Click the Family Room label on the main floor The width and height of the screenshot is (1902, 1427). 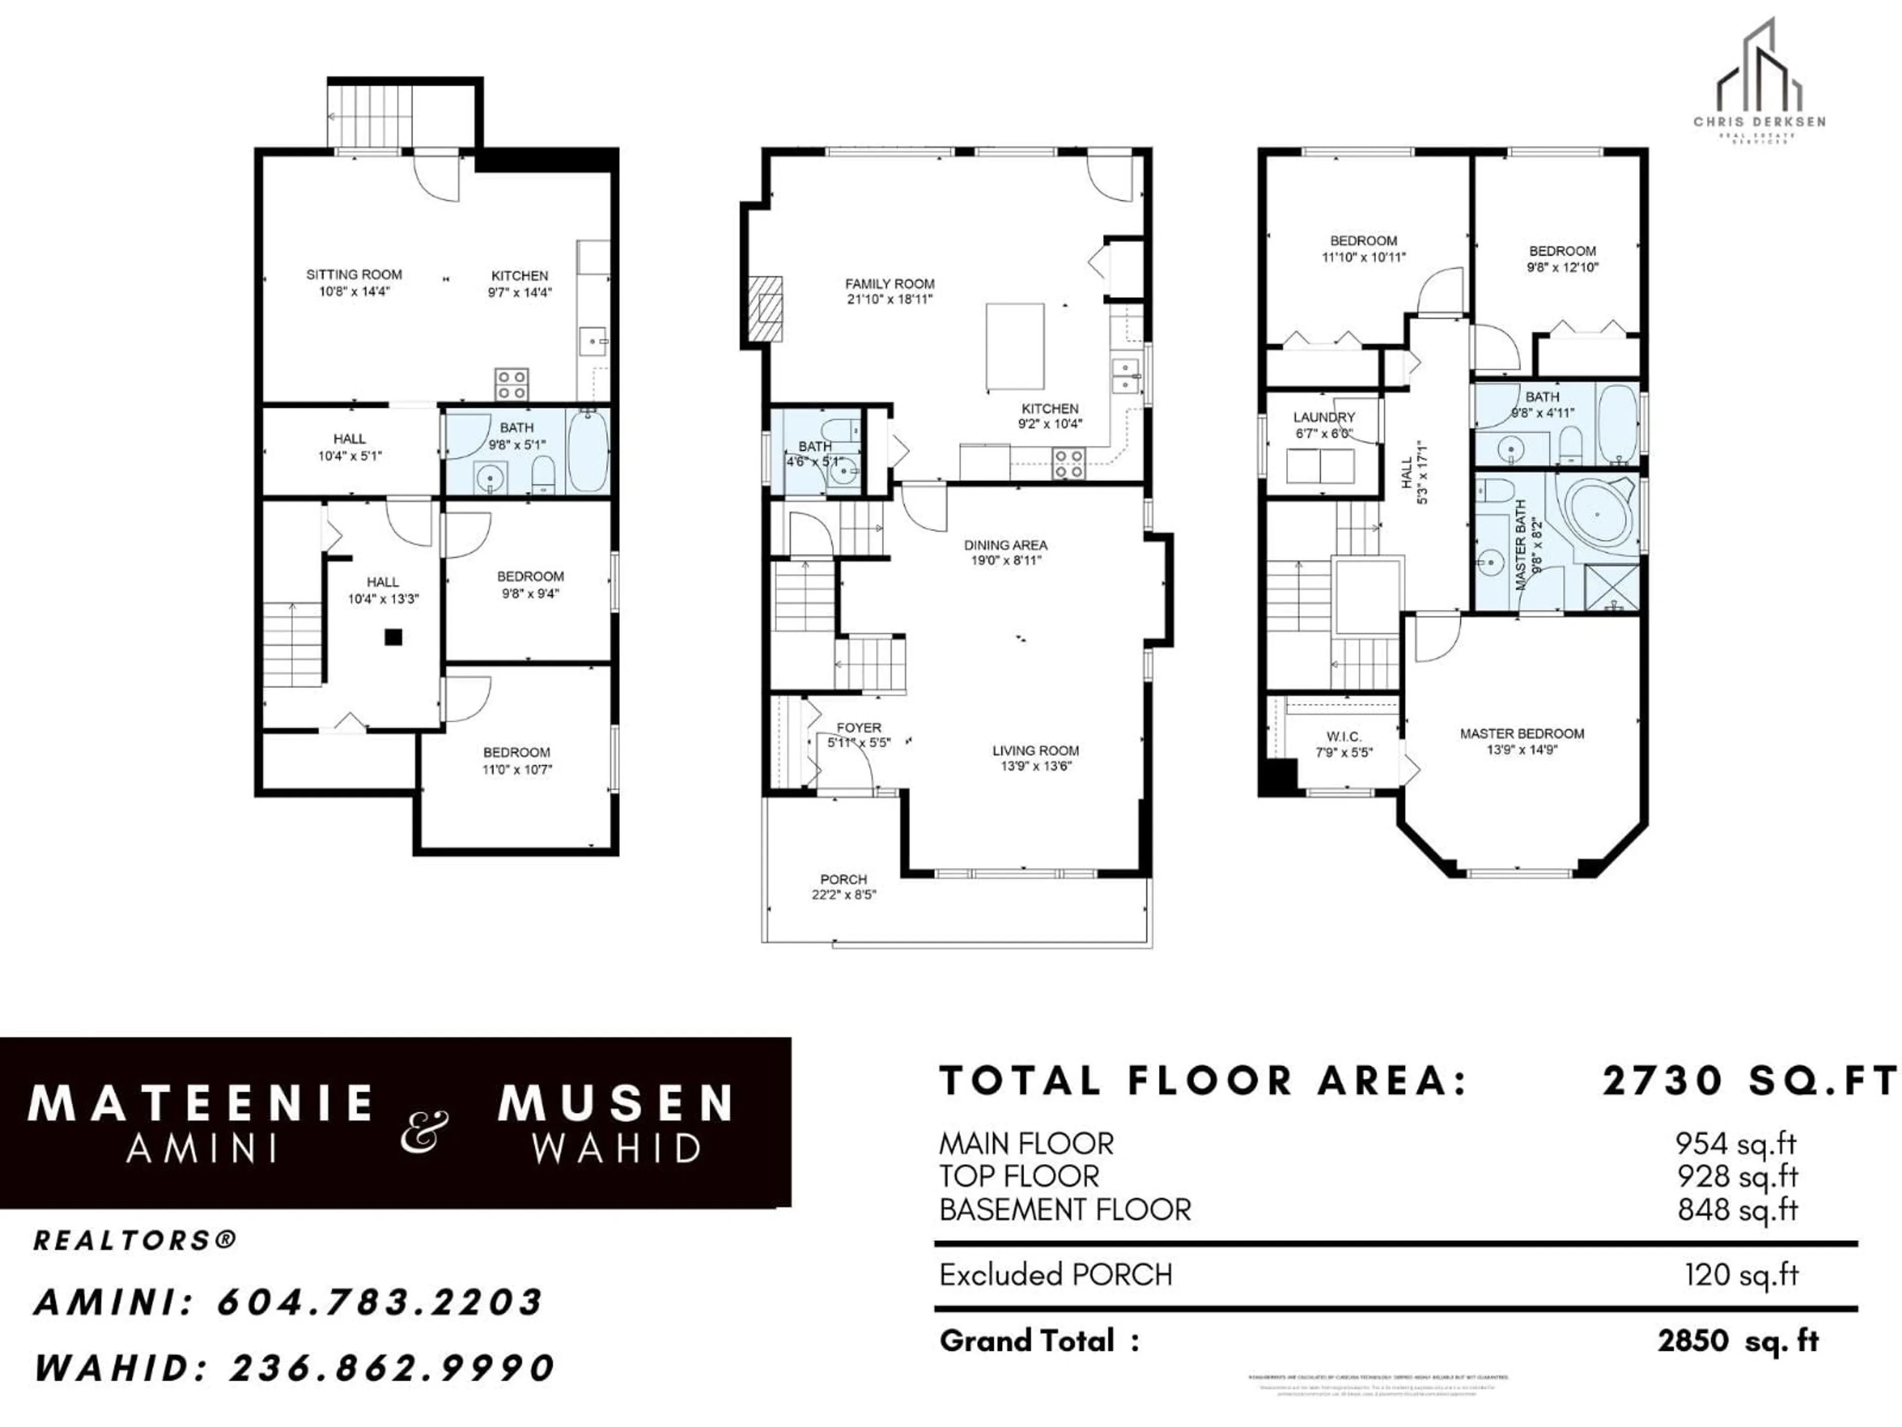point(889,284)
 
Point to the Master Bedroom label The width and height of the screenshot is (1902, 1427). point(1521,734)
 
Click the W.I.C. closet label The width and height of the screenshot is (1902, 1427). point(1343,737)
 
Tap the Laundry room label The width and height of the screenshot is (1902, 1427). point(1323,417)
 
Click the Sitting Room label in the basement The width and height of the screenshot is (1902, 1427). point(353,274)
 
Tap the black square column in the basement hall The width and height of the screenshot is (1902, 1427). point(393,637)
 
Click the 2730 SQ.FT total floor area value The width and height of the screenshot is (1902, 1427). point(1747,1081)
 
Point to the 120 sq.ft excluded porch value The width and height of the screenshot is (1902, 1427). point(1741,1275)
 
